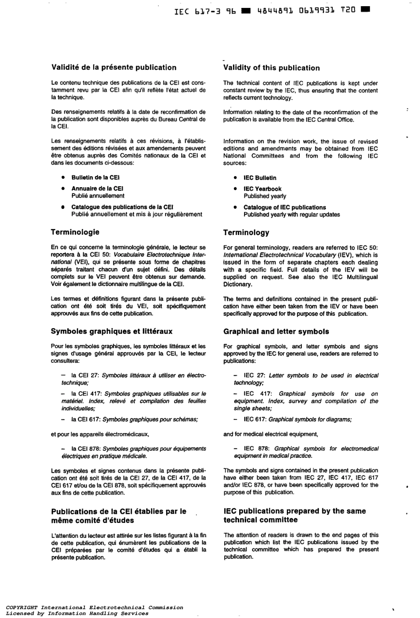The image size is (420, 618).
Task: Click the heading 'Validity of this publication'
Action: point(271,68)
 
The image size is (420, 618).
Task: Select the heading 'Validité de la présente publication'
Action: point(114,68)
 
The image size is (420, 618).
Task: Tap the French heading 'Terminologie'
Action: point(75,232)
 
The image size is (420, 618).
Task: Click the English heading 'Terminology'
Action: point(246,233)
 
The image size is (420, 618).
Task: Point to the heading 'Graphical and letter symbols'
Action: point(276,331)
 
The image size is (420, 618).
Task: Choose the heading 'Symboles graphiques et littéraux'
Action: point(112,331)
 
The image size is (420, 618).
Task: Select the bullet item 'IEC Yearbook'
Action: point(263,189)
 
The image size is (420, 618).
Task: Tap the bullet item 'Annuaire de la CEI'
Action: point(97,188)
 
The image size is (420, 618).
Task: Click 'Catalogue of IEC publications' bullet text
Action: point(285,207)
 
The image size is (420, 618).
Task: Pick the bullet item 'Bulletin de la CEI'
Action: point(96,177)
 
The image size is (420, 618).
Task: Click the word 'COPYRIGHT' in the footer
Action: point(22,607)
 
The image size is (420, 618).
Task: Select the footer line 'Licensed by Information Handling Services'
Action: point(77,614)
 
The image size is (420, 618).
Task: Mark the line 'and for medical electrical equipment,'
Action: point(271,434)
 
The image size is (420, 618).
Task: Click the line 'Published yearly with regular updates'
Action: point(292,215)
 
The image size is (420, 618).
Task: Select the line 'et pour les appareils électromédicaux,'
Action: point(100,434)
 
